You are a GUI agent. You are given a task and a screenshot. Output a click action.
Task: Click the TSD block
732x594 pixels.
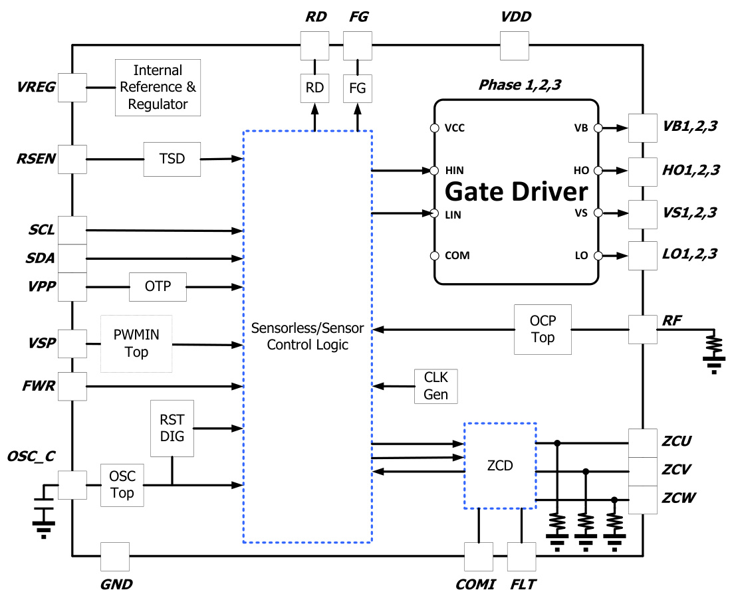click(x=172, y=159)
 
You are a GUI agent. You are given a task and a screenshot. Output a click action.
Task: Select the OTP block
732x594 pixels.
click(x=158, y=286)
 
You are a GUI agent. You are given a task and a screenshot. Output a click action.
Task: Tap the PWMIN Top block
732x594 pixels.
click(x=136, y=344)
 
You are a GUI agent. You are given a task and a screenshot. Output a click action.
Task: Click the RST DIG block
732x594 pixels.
click(x=172, y=429)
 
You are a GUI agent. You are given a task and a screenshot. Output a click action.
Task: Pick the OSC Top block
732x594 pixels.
click(x=122, y=485)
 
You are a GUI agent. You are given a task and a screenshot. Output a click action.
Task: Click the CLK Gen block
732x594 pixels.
click(x=435, y=386)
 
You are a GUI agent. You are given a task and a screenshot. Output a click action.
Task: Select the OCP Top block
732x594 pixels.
click(x=543, y=329)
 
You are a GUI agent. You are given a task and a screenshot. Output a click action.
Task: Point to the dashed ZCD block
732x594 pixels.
click(x=499, y=466)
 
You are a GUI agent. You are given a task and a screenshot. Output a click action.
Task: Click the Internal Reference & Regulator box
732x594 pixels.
click(x=158, y=87)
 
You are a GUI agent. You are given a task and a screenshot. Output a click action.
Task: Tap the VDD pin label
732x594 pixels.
click(x=516, y=17)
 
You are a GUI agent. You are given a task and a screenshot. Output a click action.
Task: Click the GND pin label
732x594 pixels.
click(x=116, y=585)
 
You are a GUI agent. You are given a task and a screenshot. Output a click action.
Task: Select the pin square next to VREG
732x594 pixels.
click(x=72, y=87)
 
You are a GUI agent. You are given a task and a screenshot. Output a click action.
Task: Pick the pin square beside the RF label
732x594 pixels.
click(x=642, y=330)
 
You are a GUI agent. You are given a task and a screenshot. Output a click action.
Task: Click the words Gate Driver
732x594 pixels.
click(x=516, y=192)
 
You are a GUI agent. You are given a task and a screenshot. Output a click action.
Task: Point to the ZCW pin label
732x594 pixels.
click(x=678, y=498)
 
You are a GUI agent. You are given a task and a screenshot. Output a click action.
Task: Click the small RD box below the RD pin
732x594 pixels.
click(x=314, y=88)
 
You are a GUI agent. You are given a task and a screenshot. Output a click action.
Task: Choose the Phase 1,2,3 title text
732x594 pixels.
click(x=516, y=86)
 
